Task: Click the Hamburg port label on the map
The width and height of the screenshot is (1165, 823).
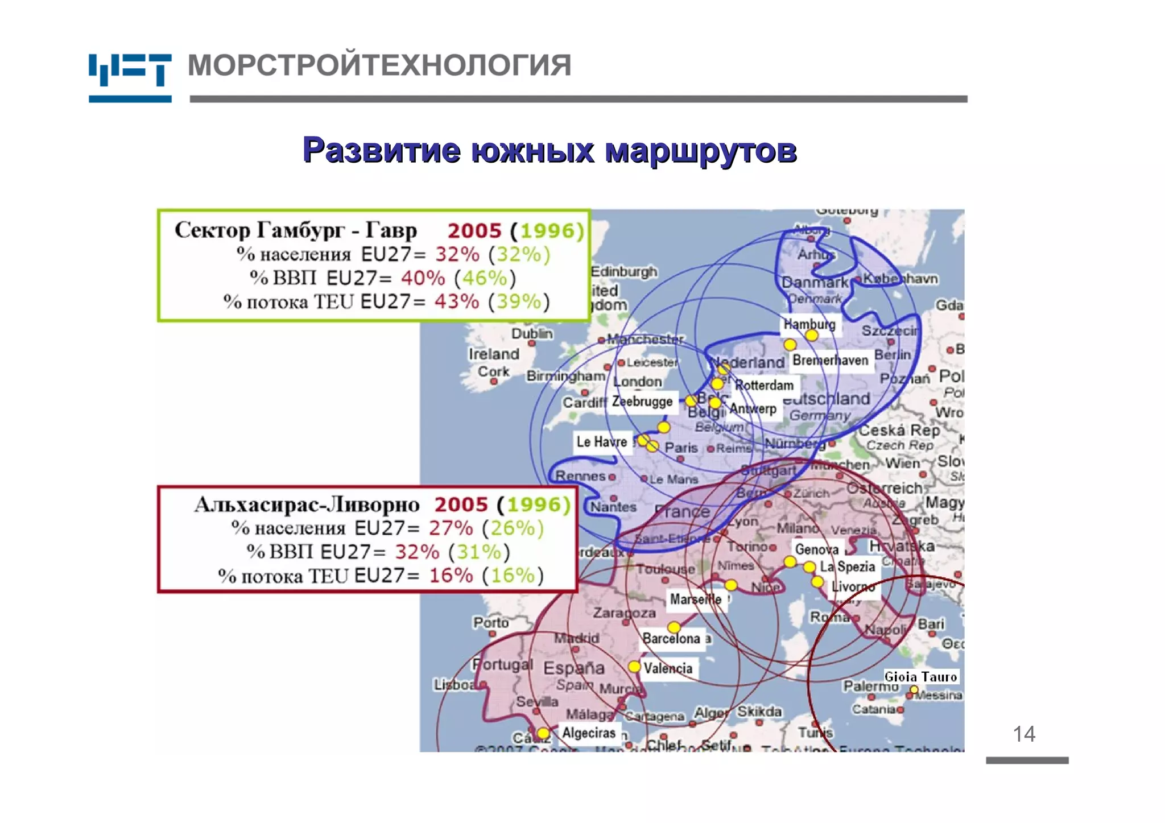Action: [x=809, y=324]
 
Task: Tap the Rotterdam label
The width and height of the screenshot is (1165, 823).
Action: [x=764, y=385]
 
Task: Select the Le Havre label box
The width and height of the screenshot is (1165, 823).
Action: [x=602, y=441]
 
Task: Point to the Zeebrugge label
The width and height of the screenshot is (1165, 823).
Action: [x=642, y=401]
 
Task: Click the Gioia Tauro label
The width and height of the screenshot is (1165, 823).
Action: [x=920, y=676]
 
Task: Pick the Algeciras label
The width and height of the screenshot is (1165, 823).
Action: [x=589, y=733]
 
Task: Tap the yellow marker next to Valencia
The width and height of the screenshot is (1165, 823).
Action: [x=634, y=666]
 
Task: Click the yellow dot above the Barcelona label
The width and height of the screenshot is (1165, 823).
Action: [x=674, y=627]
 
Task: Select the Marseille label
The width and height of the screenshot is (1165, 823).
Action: [x=695, y=599]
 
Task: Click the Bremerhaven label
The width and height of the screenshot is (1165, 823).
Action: [x=830, y=360]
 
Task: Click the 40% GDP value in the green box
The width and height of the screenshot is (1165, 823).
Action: [x=423, y=278]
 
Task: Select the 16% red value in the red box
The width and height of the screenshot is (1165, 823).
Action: [x=451, y=576]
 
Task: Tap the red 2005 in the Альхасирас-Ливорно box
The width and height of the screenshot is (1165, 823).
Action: [x=461, y=504]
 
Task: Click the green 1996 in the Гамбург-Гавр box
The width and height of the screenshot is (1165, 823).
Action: [x=552, y=231]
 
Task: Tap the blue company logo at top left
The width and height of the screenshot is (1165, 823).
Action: [x=130, y=77]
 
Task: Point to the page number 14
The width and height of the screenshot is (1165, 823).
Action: [x=1024, y=734]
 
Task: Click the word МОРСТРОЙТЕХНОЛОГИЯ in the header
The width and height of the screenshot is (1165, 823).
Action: [x=379, y=65]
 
